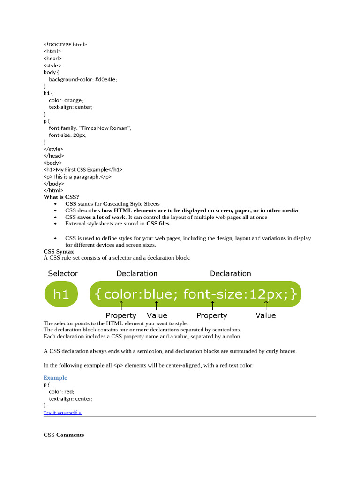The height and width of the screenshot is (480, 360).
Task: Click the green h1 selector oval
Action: click(x=61, y=294)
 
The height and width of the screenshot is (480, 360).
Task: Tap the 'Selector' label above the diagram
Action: click(x=63, y=273)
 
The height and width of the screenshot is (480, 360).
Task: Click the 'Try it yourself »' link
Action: click(x=63, y=412)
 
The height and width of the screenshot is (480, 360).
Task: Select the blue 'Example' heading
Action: click(x=55, y=378)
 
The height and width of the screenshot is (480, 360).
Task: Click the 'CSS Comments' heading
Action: click(x=64, y=435)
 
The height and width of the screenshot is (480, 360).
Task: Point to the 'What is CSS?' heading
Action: click(x=61, y=197)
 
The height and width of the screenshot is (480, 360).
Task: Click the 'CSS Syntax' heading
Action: click(x=59, y=252)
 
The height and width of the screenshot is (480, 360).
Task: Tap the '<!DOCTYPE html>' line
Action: click(x=66, y=45)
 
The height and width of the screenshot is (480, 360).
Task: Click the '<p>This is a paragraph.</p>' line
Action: click(x=77, y=177)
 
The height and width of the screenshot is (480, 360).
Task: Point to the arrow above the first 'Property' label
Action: click(x=121, y=306)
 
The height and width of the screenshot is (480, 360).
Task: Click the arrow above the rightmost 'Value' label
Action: click(x=266, y=306)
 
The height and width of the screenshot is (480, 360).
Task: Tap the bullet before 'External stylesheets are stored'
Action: click(x=56, y=224)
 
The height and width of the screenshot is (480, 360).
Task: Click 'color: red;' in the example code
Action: click(x=61, y=391)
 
